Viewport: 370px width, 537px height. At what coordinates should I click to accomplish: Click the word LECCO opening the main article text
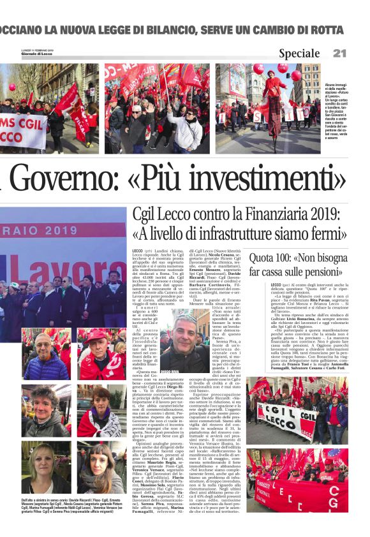(x=138, y=253)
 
